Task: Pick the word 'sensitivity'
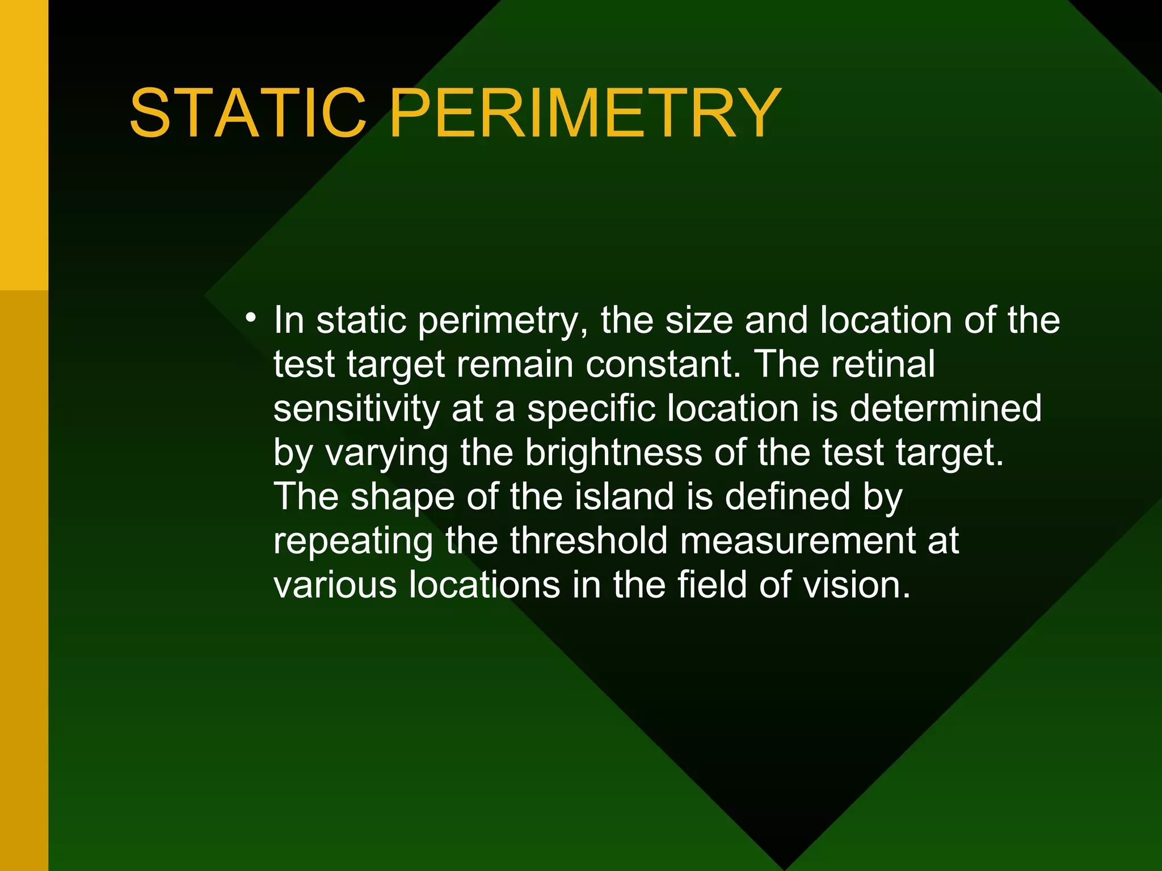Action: tap(356, 408)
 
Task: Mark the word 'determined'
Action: tap(945, 408)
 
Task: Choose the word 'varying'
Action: tap(386, 454)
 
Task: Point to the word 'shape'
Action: tap(402, 497)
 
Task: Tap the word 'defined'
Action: tap(788, 497)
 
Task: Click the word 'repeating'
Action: tap(353, 542)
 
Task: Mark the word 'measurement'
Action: tap(797, 542)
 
